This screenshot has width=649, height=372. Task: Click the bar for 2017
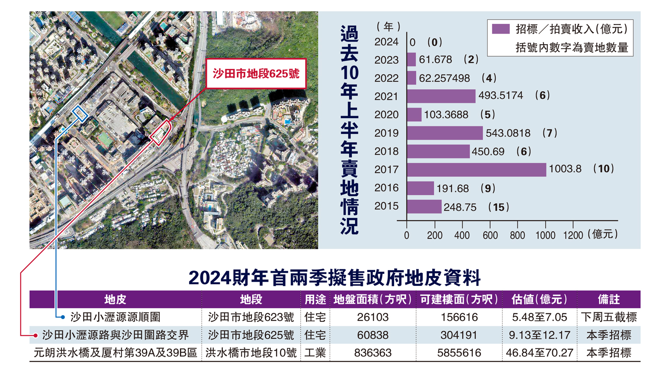pyautogui.click(x=476, y=169)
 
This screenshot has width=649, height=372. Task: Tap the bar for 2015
pyautogui.click(x=424, y=207)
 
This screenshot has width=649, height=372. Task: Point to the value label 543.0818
pyautogui.click(x=508, y=133)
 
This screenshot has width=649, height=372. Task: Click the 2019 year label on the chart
pyautogui.click(x=386, y=133)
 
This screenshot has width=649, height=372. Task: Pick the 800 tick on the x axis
pyautogui.click(x=517, y=235)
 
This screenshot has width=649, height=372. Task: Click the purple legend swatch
pyautogui.click(x=501, y=29)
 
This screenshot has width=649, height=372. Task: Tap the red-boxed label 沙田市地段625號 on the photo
pyautogui.click(x=256, y=74)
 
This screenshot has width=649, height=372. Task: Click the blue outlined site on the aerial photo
pyautogui.click(x=80, y=113)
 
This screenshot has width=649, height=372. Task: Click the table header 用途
pyautogui.click(x=315, y=299)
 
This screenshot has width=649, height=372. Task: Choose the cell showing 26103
pyautogui.click(x=373, y=317)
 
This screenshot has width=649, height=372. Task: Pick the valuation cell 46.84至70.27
pyautogui.click(x=539, y=353)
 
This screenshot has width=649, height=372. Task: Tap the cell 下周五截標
pyautogui.click(x=608, y=317)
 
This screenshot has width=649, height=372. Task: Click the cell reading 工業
pyautogui.click(x=315, y=353)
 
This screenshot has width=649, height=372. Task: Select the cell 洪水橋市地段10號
pyautogui.click(x=251, y=353)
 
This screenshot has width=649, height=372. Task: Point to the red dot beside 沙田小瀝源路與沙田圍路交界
pyautogui.click(x=36, y=336)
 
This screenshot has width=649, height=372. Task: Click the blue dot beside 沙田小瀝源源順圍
pyautogui.click(x=63, y=317)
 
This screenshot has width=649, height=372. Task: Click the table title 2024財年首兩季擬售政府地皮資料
pyautogui.click(x=334, y=278)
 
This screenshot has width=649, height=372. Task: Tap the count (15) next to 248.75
pyautogui.click(x=498, y=207)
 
